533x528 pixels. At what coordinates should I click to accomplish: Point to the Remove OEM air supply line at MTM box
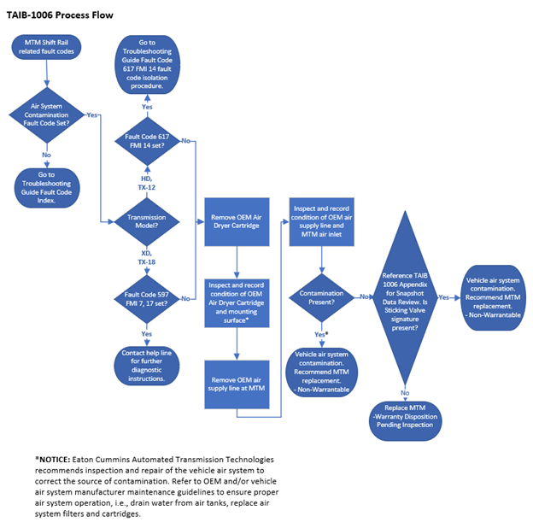pyautogui.click(x=237, y=383)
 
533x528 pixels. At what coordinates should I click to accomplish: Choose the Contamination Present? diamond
pyautogui.click(x=321, y=296)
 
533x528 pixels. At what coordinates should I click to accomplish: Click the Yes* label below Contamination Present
pyautogui.click(x=321, y=335)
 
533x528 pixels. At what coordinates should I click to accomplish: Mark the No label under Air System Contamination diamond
pyautogui.click(x=46, y=155)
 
